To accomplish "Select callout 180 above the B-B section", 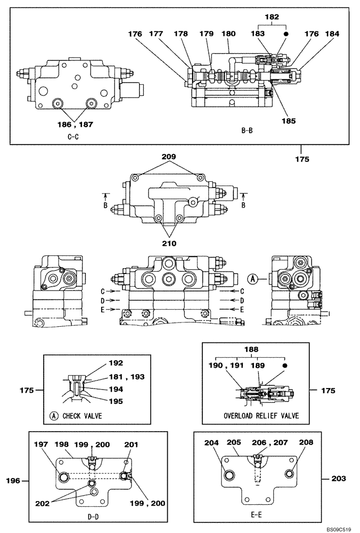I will pyautogui.click(x=228, y=34).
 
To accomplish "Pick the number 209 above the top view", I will pyautogui.click(x=169, y=158).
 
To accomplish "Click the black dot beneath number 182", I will pyautogui.click(x=286, y=34).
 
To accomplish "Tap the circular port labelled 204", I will pyautogui.click(x=230, y=475).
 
